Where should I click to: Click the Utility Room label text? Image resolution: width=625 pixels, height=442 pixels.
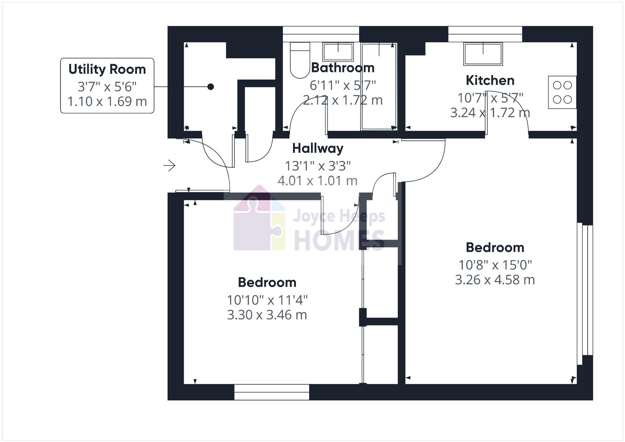[107, 69]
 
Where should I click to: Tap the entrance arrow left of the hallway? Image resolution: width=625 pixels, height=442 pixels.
[169, 166]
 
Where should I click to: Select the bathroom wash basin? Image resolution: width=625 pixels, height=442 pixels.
[338, 52]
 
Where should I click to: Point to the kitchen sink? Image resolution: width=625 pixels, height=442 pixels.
[483, 54]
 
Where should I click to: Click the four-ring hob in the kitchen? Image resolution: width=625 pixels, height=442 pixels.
[562, 92]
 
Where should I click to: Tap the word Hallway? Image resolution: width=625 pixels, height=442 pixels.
[317, 148]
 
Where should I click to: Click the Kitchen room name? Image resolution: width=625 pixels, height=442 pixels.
[490, 81]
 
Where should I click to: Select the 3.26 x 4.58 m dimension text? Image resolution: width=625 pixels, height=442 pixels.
[495, 280]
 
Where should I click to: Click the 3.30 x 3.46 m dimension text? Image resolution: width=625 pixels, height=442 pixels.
[267, 315]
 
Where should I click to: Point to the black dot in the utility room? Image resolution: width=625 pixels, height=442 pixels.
[211, 87]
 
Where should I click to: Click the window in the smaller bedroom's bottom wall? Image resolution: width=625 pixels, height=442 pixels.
[271, 392]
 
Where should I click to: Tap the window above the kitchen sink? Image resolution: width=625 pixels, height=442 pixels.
[485, 34]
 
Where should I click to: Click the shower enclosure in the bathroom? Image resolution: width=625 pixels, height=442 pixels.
[379, 86]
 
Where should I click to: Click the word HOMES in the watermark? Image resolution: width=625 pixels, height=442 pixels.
[339, 240]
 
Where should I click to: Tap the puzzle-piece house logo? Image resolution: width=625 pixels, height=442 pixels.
[259, 219]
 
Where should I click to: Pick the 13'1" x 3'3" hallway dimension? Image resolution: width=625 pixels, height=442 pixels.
[317, 166]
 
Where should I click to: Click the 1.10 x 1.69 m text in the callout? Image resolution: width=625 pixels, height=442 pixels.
[107, 102]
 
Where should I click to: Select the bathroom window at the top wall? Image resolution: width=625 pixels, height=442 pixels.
[321, 34]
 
